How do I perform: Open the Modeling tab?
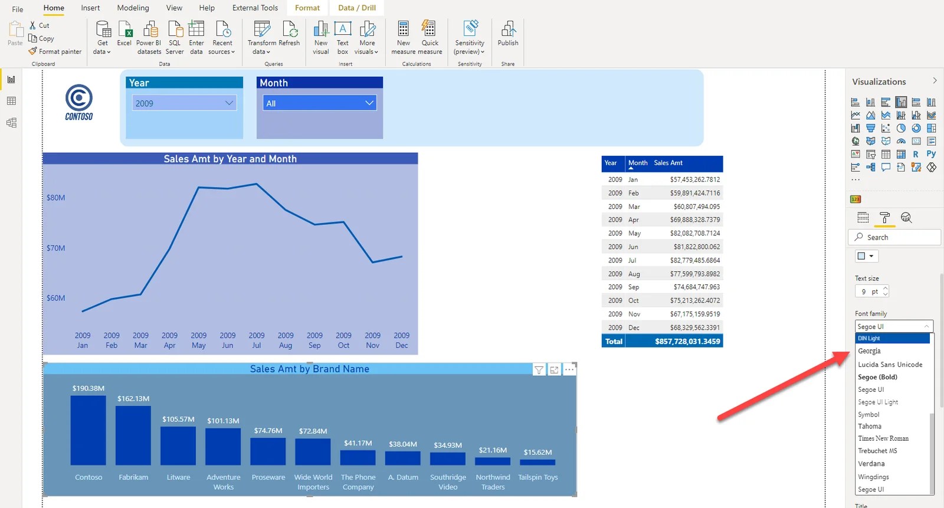(x=133, y=8)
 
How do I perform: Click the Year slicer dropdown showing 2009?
(x=184, y=103)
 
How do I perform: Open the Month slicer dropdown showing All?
(x=319, y=103)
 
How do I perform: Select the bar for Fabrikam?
(x=133, y=435)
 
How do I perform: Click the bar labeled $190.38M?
(x=88, y=430)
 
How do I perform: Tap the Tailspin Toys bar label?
(x=537, y=477)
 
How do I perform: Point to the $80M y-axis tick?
(x=56, y=198)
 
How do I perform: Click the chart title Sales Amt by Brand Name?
(x=309, y=369)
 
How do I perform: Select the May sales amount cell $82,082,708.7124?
(x=696, y=233)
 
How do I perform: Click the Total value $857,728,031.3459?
(x=687, y=342)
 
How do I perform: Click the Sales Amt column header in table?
(x=668, y=163)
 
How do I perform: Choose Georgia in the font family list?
(x=869, y=351)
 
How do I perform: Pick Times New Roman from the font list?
(x=883, y=438)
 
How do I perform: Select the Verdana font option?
(x=871, y=464)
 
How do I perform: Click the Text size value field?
(x=868, y=291)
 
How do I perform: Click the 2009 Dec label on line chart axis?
(x=402, y=340)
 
